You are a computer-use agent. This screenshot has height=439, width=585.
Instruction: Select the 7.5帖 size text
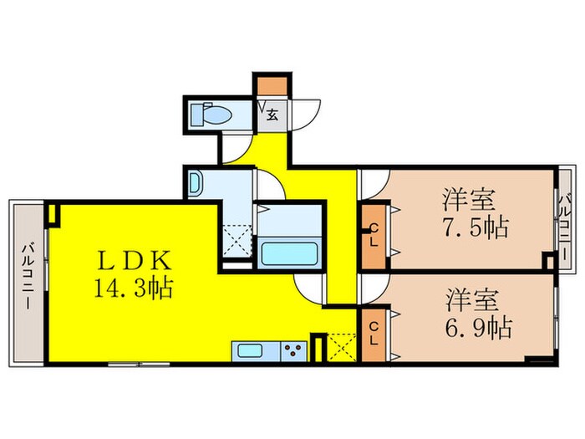pyautogui.click(x=477, y=227)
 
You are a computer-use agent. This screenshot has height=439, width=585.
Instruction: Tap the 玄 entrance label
pyautogui.click(x=272, y=115)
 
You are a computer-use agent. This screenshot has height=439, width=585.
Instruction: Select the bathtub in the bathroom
pyautogui.click(x=289, y=252)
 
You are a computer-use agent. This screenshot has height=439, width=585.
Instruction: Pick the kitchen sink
pyautogui.click(x=249, y=350)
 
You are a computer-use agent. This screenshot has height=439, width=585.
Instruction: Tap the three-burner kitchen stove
pyautogui.click(x=292, y=350)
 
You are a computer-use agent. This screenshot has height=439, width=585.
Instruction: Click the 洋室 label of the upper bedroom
pyautogui.click(x=470, y=201)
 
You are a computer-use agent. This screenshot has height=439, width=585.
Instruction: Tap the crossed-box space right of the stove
pyautogui.click(x=343, y=347)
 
